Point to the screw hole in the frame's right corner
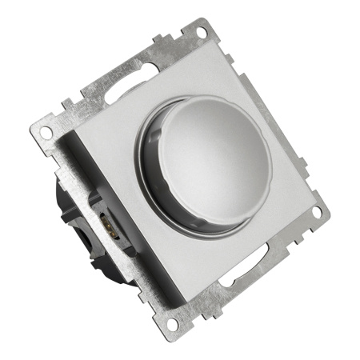point(317,213)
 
